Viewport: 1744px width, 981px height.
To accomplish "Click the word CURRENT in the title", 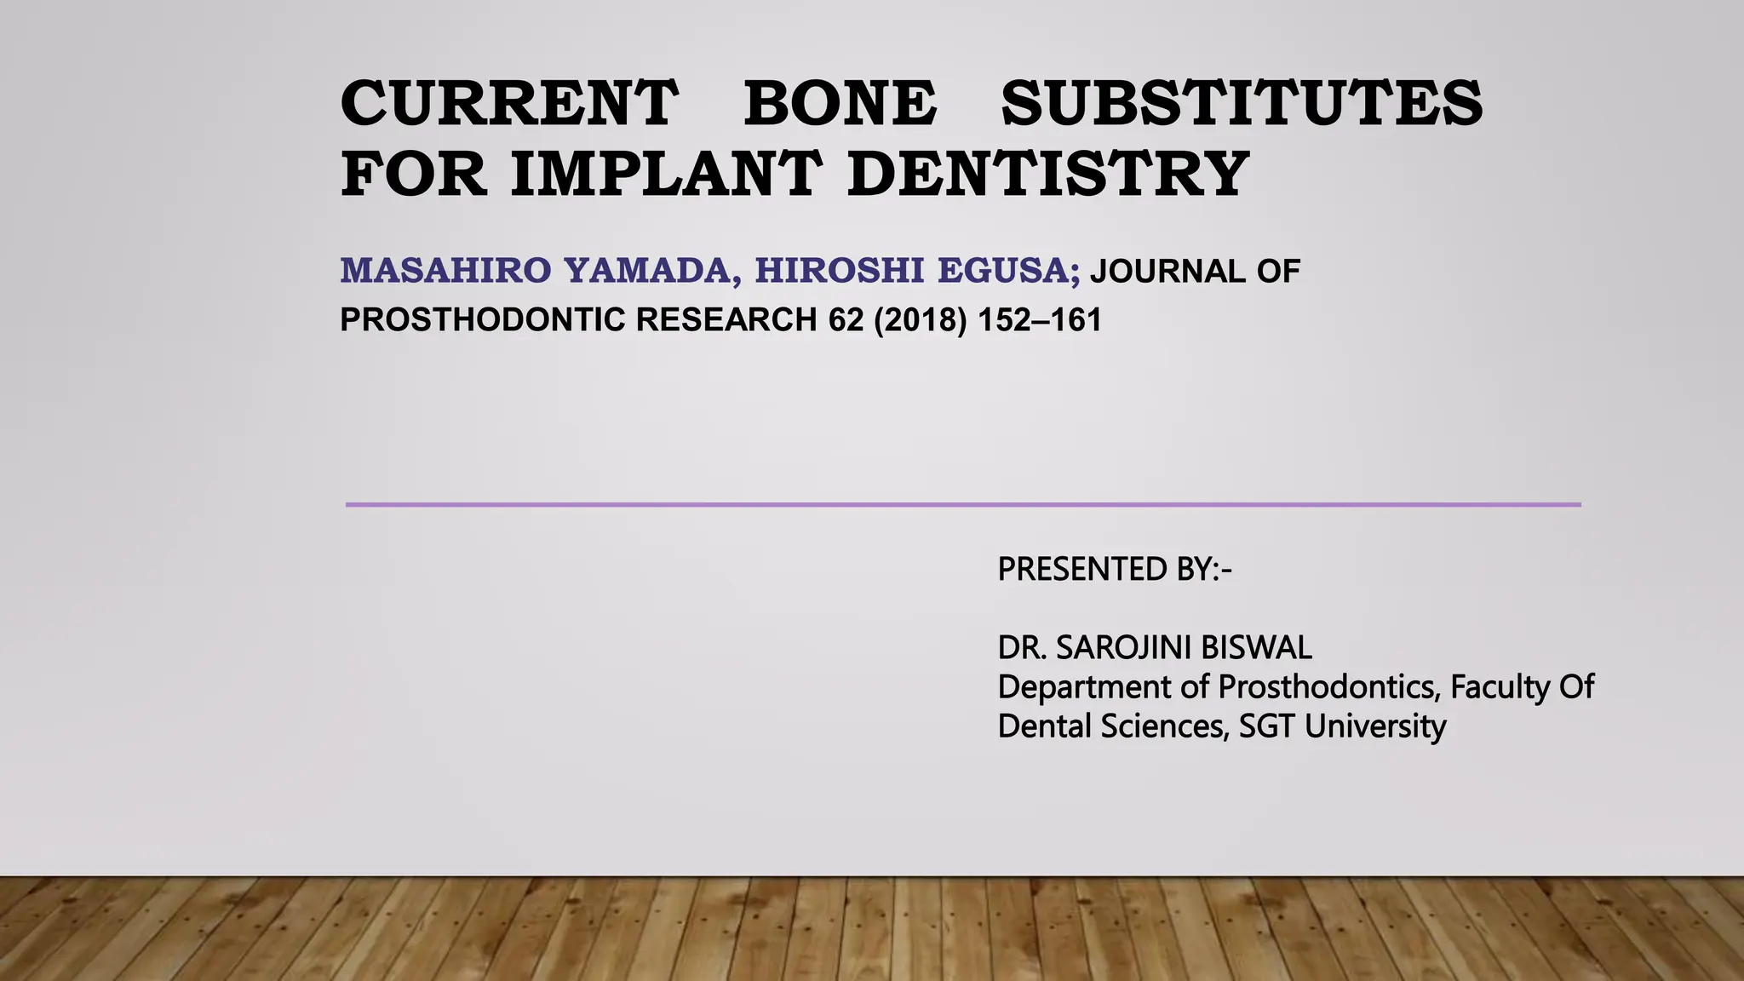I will pos(508,103).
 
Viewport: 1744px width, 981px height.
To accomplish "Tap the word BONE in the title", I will pos(840,103).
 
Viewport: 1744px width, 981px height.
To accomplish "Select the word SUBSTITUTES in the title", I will pos(1242,103).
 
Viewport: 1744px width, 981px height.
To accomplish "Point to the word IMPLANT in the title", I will pos(667,174).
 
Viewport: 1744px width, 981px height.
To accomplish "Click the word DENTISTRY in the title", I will pos(1047,174).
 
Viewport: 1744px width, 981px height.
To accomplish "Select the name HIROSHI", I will pos(839,271).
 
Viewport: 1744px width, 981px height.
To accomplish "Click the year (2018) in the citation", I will pos(921,320).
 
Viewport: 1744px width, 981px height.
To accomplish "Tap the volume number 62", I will pos(846,320).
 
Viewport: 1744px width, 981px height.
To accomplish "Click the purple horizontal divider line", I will pos(962,505).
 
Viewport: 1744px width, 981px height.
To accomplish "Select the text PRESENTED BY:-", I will pos(1114,569).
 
